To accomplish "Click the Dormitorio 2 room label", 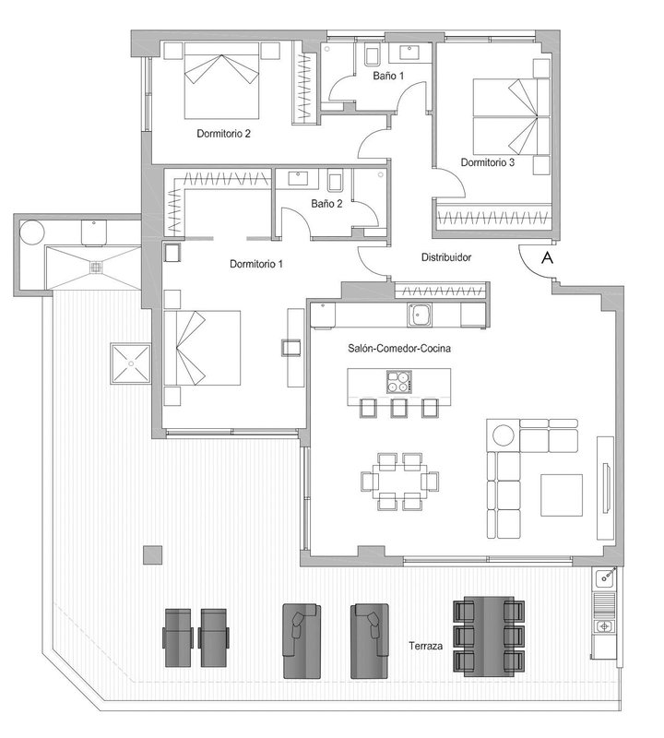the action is [x=223, y=134].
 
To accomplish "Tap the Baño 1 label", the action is [x=388, y=76].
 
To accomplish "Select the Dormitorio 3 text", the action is [x=488, y=162].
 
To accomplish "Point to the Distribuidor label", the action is [x=446, y=257].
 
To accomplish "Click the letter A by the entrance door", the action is [x=547, y=257].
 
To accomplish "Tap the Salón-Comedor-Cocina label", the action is [x=399, y=349].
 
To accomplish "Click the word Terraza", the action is [x=425, y=646].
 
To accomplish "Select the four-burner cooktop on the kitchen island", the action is [x=399, y=382].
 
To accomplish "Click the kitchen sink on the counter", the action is [x=420, y=315].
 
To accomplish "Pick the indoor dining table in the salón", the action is [x=400, y=481].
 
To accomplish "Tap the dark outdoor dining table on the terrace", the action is [x=489, y=637].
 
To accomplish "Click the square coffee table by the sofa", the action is [x=562, y=495].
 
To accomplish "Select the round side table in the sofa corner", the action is [x=503, y=435].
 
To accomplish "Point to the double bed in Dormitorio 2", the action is [x=221, y=80].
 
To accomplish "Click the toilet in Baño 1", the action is [x=373, y=55].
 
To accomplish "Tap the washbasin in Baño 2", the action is [x=296, y=178].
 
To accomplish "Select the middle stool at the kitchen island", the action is [x=398, y=408].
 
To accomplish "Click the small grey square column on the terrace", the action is [x=152, y=555].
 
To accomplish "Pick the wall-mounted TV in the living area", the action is [x=608, y=488].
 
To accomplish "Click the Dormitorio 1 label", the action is [x=256, y=264].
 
